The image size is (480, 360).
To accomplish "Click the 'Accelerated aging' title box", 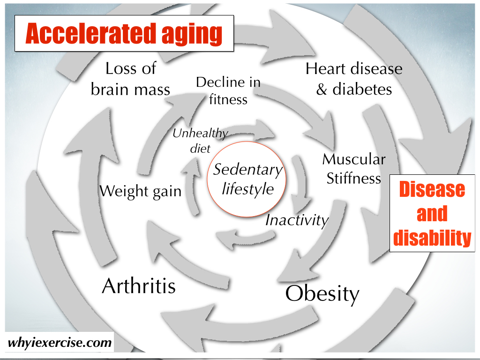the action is point(124,33).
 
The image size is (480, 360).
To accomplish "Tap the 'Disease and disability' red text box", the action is point(432,213).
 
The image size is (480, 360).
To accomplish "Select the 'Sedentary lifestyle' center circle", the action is point(247,180).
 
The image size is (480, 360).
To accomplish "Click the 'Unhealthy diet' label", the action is point(200,141).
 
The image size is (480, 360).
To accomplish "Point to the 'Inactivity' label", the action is point(297,220).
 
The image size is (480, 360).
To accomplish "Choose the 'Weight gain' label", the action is point(141,191).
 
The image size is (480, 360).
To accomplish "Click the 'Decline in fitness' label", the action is point(228,91).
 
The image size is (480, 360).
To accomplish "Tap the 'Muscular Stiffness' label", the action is point(354,169).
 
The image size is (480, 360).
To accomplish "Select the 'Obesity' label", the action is point(322,294).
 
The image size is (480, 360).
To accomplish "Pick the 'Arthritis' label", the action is point(139,286).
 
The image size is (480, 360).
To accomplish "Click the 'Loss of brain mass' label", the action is point(130,79).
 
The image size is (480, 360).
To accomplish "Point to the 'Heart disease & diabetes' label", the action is point(354,79).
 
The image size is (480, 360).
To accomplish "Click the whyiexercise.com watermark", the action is point(60,342).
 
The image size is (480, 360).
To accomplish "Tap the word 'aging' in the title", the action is point(192,35).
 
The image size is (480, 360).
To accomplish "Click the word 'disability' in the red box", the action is point(432,238).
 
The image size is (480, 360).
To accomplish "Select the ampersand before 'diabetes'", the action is point(322,90).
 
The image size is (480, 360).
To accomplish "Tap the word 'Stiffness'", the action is point(354,178).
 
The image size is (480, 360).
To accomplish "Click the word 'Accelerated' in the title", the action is point(90,33).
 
